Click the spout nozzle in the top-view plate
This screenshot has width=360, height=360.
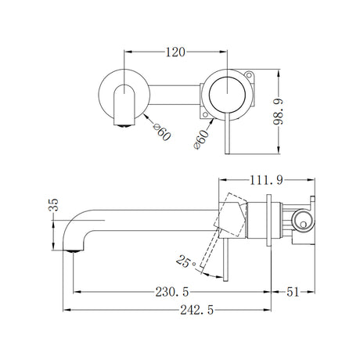(121, 110)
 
